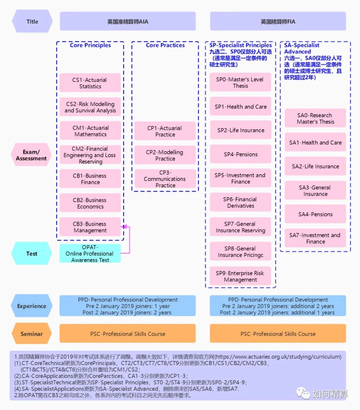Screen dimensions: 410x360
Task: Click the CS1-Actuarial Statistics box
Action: pyautogui.click(x=90, y=83)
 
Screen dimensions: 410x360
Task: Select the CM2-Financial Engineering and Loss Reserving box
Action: pyautogui.click(x=90, y=155)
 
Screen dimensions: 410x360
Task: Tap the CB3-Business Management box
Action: pyautogui.click(x=90, y=227)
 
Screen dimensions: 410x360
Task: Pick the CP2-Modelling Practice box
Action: pyautogui.click(x=165, y=155)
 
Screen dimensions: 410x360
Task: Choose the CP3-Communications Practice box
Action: pyautogui.click(x=165, y=179)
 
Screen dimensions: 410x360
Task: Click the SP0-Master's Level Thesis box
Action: pyautogui.click(x=240, y=83)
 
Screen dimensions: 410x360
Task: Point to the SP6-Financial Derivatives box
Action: pyautogui.click(x=240, y=203)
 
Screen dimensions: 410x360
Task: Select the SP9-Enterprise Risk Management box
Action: pyautogui.click(x=240, y=276)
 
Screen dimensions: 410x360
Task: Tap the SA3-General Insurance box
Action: pyautogui.click(x=315, y=191)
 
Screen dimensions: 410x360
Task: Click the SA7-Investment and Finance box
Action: pyautogui.click(x=315, y=238)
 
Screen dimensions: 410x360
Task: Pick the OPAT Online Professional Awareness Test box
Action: pyautogui.click(x=90, y=253)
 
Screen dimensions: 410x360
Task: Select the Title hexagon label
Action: pyautogui.click(x=32, y=22)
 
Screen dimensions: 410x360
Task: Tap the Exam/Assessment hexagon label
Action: pyautogui.click(x=31, y=155)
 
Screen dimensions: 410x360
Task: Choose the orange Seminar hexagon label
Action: pyautogui.click(x=32, y=334)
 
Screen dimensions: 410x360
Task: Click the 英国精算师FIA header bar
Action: pyautogui.click(x=278, y=22)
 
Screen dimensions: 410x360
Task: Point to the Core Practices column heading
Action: pyautogui.click(x=165, y=45)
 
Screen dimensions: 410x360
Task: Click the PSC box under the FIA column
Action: pyautogui.click(x=278, y=334)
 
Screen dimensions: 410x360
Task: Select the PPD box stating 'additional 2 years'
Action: pyautogui.click(x=278, y=306)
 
